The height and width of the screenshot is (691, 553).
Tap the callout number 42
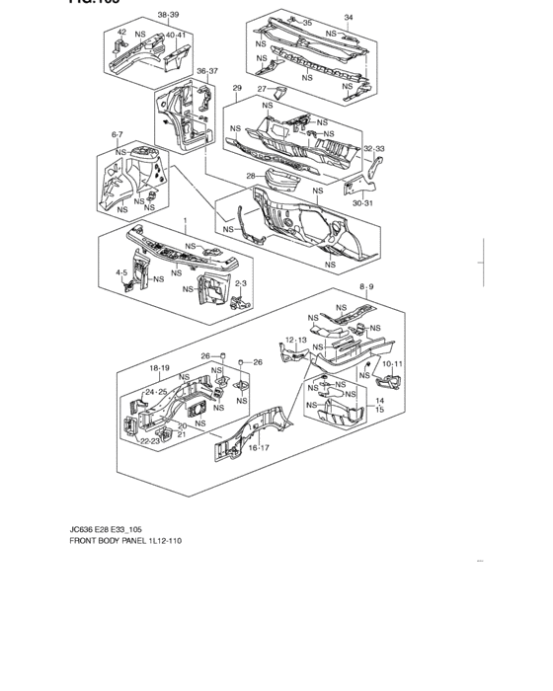(121, 34)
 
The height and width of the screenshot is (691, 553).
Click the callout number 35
(307, 23)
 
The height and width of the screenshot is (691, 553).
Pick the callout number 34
(348, 18)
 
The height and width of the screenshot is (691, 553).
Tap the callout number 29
(237, 89)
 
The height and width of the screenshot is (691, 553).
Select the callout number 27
(263, 89)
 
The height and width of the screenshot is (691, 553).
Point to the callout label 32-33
(373, 149)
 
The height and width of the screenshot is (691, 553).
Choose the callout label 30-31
(363, 203)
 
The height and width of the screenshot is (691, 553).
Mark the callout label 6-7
(118, 133)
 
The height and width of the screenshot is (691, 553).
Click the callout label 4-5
(122, 271)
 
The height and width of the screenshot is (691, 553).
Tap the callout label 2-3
(240, 283)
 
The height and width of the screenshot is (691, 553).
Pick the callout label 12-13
(296, 341)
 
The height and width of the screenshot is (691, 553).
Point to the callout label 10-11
(392, 364)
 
